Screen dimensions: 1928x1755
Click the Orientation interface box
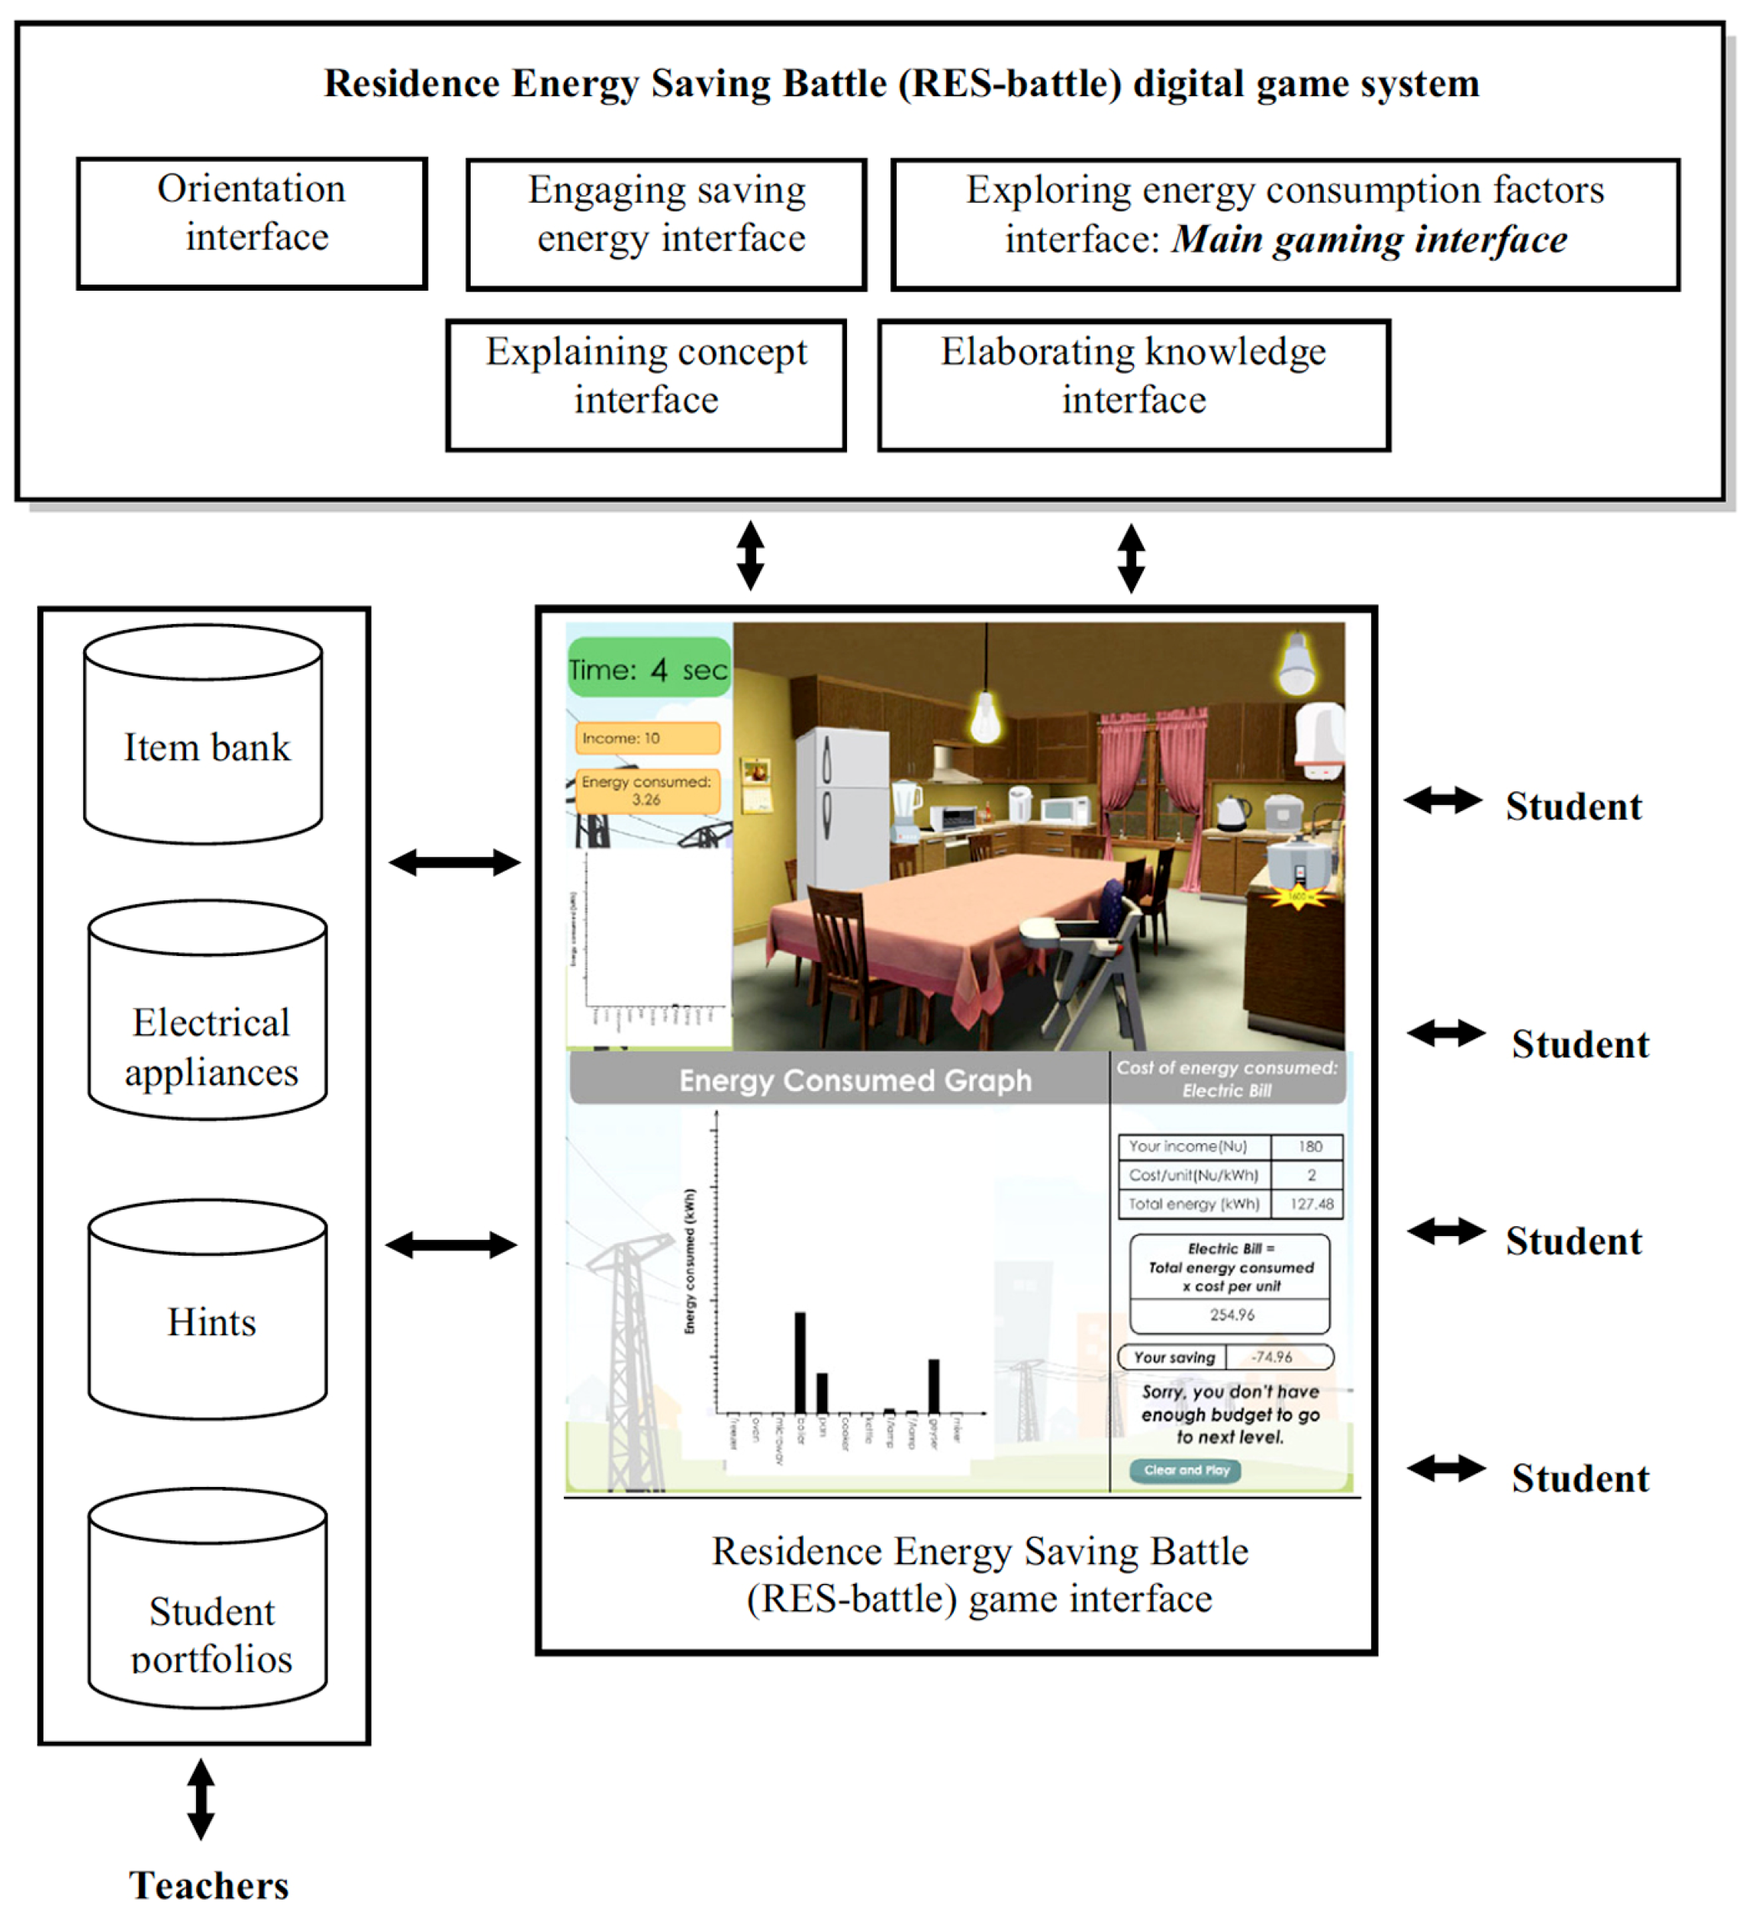coord(252,223)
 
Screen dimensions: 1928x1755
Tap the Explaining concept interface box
coord(646,385)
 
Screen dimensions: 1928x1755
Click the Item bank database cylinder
coord(203,746)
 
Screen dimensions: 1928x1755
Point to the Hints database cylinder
coord(208,1321)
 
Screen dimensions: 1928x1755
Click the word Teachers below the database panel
coord(208,1885)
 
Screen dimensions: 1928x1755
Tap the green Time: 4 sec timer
coord(649,668)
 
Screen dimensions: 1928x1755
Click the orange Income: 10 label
coord(646,737)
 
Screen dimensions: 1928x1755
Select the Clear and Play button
coord(1185,1470)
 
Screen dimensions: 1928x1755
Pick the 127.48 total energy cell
coord(1309,1203)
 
